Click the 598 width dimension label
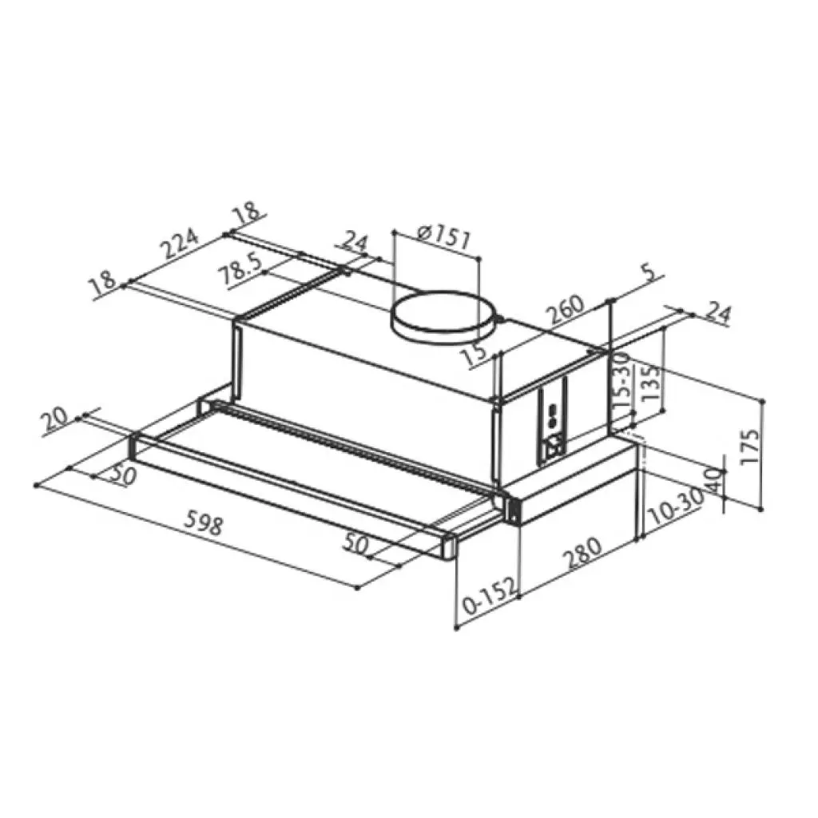point(205,525)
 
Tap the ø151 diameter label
point(444,236)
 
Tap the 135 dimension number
point(650,383)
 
